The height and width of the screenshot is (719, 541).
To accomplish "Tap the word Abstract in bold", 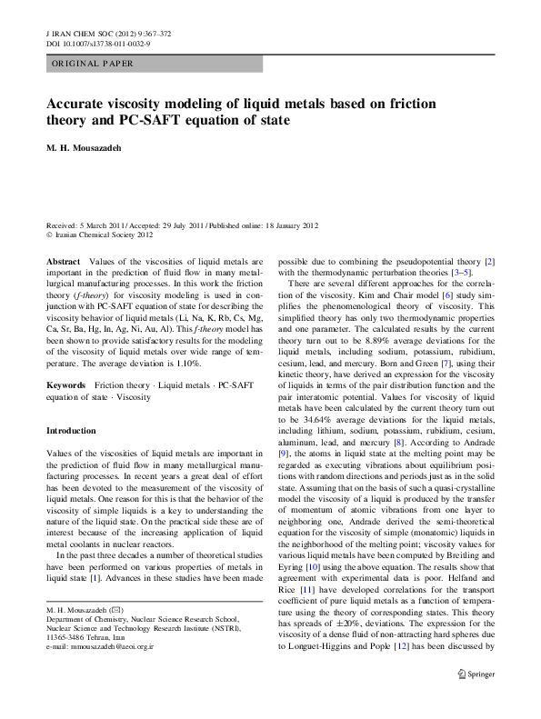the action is (x=62, y=261).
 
